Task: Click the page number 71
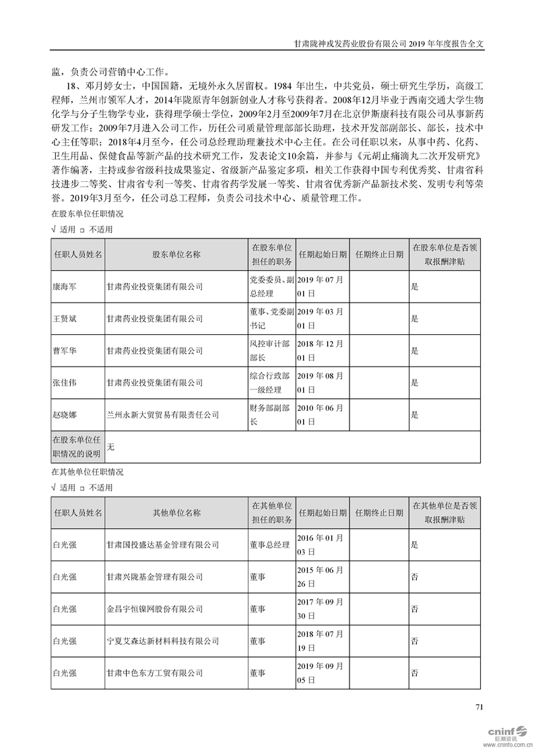[x=479, y=707]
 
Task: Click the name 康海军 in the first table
[x=65, y=286]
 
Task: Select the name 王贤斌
[x=65, y=319]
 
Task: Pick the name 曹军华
[x=65, y=351]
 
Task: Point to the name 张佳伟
[x=65, y=383]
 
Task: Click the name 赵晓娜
[x=65, y=415]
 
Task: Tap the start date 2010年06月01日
[x=321, y=415]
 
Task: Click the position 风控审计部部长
[x=270, y=351]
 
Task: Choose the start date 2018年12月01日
[x=321, y=351]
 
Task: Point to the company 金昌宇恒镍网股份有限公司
[x=155, y=609]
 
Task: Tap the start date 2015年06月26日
[x=321, y=577]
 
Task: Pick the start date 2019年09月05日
[x=321, y=673]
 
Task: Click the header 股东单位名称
[x=176, y=255]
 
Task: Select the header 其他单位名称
[x=176, y=513]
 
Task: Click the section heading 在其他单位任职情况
[x=88, y=472]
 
